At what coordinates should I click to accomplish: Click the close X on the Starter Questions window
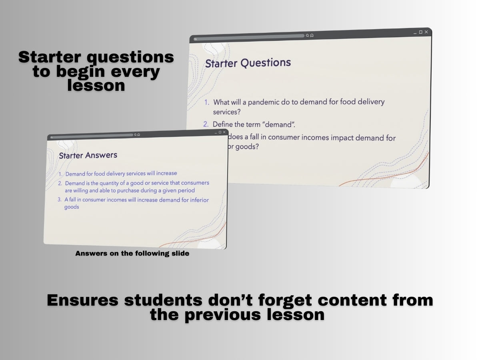(426, 32)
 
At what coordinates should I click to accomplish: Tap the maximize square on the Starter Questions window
(421, 32)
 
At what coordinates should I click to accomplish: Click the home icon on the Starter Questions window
(312, 35)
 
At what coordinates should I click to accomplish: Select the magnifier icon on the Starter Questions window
(308, 35)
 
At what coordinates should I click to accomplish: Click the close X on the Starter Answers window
(224, 132)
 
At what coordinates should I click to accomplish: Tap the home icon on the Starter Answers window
(138, 135)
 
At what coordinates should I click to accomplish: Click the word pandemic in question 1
(264, 102)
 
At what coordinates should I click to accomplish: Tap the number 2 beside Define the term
(206, 124)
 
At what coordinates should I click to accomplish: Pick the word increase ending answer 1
(167, 173)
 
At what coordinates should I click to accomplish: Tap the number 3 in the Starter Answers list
(59, 199)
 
